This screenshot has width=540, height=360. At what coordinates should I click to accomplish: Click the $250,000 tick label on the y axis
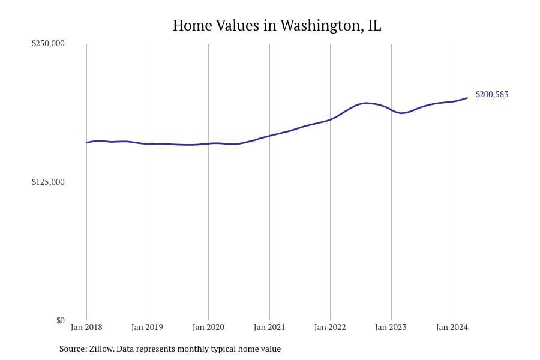point(48,44)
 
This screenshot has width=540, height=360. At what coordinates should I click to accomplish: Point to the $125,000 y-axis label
point(48,182)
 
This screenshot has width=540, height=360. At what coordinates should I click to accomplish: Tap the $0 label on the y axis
point(60,320)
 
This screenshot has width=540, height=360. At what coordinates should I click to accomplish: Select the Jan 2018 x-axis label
point(86,327)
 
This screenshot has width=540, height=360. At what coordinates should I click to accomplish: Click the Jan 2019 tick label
point(148,327)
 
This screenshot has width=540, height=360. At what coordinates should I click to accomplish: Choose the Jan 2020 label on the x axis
point(208,327)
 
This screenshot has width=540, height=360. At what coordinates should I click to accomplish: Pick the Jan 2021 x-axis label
point(269,327)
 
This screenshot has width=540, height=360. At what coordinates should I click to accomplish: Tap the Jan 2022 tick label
point(330,327)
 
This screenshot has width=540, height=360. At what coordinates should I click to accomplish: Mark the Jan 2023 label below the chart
point(391,327)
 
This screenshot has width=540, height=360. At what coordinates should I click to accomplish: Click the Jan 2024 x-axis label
point(452,327)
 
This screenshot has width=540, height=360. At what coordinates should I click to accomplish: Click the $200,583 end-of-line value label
point(491,95)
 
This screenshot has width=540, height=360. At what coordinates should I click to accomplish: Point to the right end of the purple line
point(467,98)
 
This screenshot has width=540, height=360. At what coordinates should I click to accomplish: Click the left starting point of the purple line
point(86,143)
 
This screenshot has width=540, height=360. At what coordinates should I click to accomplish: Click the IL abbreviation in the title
point(374,26)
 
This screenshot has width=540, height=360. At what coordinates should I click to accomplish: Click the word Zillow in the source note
point(101,349)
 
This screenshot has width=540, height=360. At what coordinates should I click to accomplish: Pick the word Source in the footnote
point(72,349)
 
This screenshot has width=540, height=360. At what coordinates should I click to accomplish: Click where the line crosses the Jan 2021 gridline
point(269,136)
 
